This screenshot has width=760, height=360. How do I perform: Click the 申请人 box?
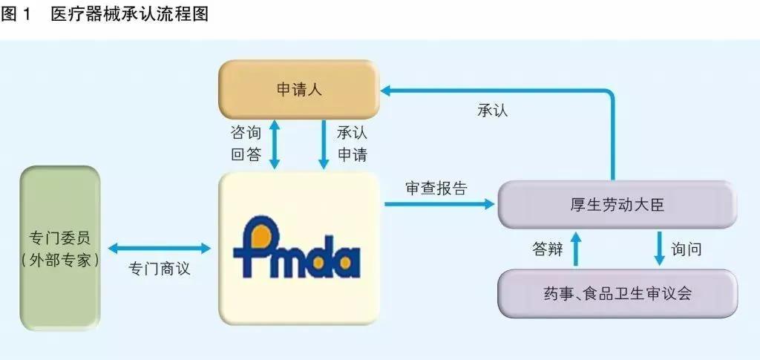298,89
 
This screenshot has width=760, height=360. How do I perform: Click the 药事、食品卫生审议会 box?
616,292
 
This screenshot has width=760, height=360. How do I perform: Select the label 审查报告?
436,189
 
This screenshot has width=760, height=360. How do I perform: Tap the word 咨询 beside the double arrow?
246,134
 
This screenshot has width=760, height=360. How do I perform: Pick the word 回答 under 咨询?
246,154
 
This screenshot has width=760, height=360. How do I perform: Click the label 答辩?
547,249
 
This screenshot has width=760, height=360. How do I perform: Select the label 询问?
687,249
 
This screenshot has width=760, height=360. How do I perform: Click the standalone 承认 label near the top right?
493,110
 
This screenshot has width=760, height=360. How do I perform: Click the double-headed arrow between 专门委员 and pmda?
160,249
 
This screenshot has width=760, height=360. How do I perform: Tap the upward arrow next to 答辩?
574,249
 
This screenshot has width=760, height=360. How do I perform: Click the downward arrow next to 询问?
658,249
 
